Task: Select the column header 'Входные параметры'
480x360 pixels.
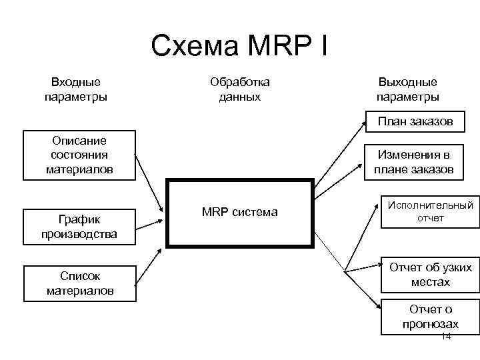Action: click(76, 89)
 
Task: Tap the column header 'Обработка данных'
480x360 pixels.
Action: click(239, 89)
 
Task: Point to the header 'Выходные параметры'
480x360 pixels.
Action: click(407, 89)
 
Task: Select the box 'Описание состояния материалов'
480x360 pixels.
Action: click(79, 155)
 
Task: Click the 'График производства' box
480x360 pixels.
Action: click(79, 227)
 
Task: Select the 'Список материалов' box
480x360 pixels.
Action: click(80, 283)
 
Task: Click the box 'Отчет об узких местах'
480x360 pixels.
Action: click(430, 275)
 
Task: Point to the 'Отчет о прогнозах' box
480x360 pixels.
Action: click(430, 316)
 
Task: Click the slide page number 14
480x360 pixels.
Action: click(446, 337)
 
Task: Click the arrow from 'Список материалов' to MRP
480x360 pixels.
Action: click(149, 263)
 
